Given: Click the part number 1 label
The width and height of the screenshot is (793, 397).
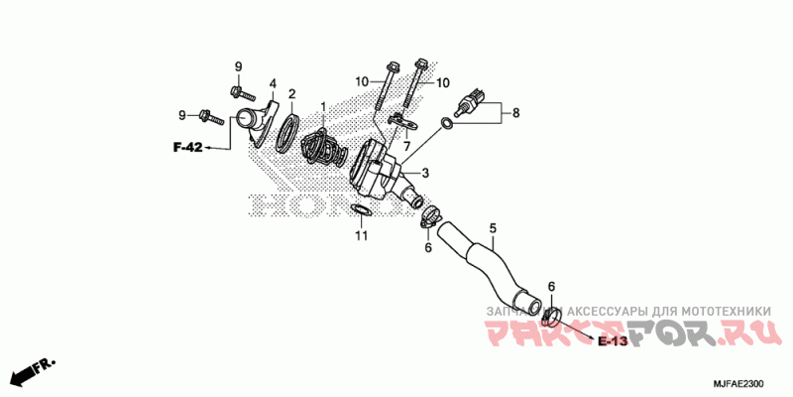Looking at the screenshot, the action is (322, 105).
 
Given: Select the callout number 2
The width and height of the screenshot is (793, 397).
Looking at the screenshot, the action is (291, 94).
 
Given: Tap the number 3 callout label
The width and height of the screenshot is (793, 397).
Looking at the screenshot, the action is (424, 173).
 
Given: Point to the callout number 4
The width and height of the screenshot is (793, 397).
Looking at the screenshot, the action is (273, 83).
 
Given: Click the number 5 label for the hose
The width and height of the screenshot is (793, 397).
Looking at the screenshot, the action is (492, 228).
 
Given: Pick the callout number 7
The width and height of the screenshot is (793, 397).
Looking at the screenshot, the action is (404, 146).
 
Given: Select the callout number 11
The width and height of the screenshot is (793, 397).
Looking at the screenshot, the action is (362, 235).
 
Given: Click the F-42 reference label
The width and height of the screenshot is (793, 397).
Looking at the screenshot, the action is (187, 148).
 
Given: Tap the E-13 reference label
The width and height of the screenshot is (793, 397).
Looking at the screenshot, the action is (613, 341).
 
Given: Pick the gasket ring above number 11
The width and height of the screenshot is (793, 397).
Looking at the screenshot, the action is (362, 209).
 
